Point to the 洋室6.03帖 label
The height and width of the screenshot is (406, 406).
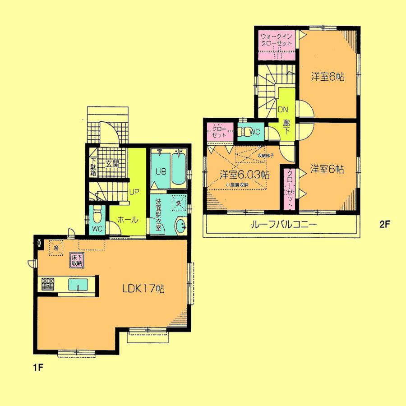pyautogui.click(x=245, y=174)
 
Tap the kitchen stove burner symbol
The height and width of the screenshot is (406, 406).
pyautogui.click(x=48, y=284)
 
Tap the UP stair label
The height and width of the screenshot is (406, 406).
pyautogui.click(x=134, y=191)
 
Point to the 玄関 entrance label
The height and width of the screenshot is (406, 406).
pyautogui.click(x=112, y=164)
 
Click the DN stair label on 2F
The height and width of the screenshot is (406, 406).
pyautogui.click(x=283, y=109)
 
